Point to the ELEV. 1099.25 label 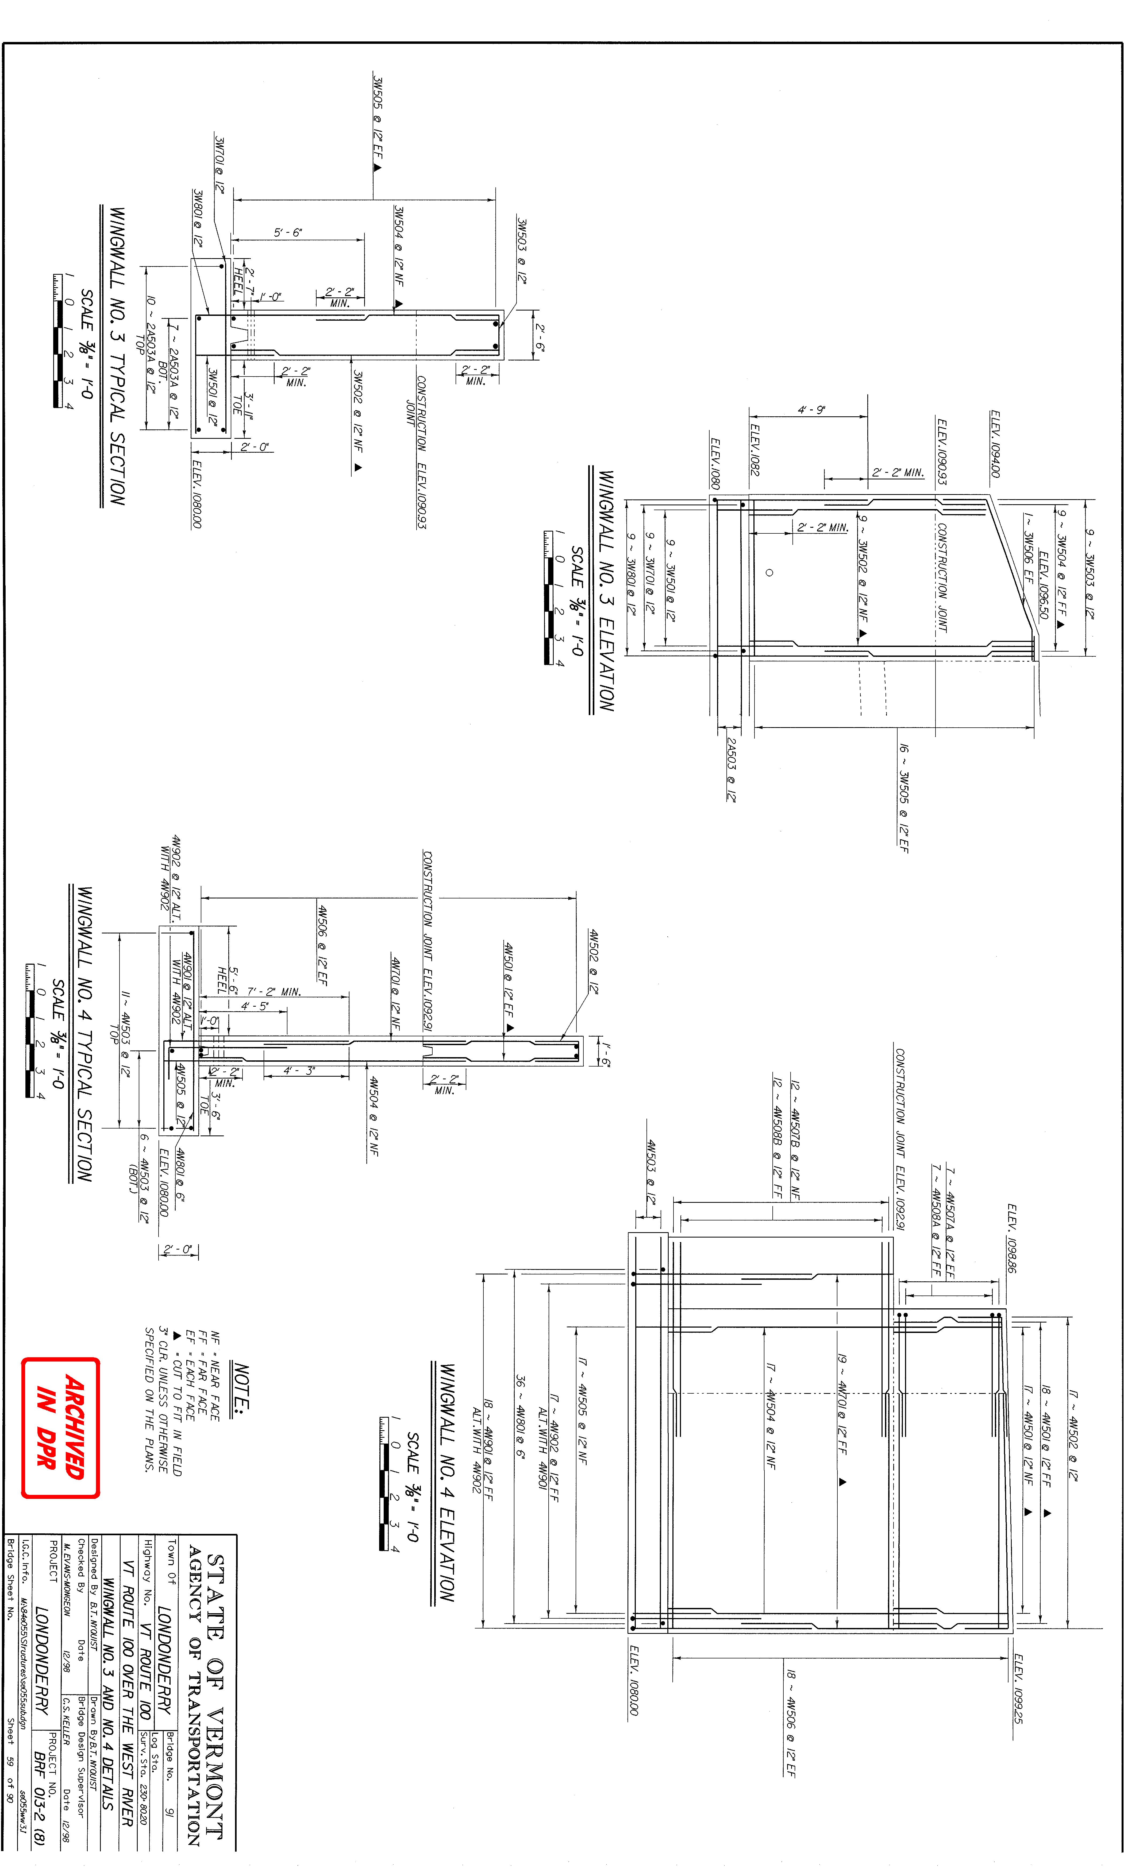(x=1019, y=1688)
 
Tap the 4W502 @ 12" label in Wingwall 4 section (x=594, y=961)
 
